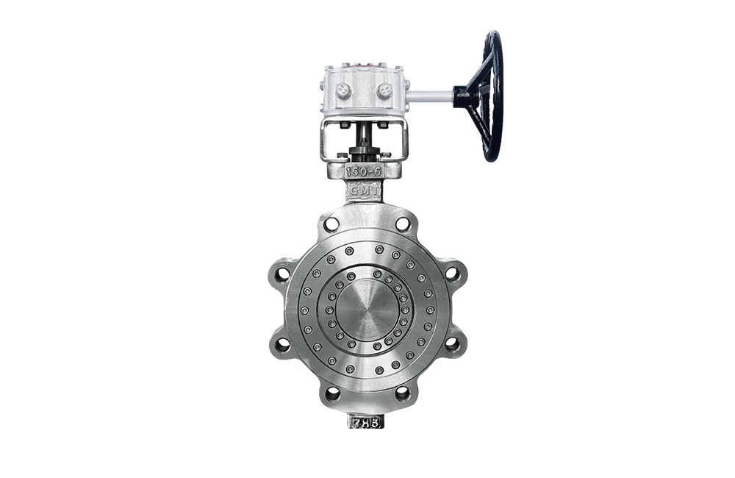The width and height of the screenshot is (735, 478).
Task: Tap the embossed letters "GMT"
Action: tap(364, 189)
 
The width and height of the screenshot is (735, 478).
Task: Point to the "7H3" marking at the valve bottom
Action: tap(365, 422)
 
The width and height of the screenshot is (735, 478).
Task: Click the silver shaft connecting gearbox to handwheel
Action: tap(429, 96)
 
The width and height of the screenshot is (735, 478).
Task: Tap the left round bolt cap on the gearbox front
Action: tap(343, 91)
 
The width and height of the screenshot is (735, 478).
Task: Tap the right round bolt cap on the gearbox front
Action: tap(384, 91)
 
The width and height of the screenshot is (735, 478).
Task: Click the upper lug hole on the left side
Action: tap(282, 274)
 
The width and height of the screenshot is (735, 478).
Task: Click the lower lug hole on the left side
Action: tap(282, 343)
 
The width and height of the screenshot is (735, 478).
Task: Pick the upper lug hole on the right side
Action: tap(452, 274)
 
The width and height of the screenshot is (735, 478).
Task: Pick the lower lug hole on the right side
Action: tap(452, 343)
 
